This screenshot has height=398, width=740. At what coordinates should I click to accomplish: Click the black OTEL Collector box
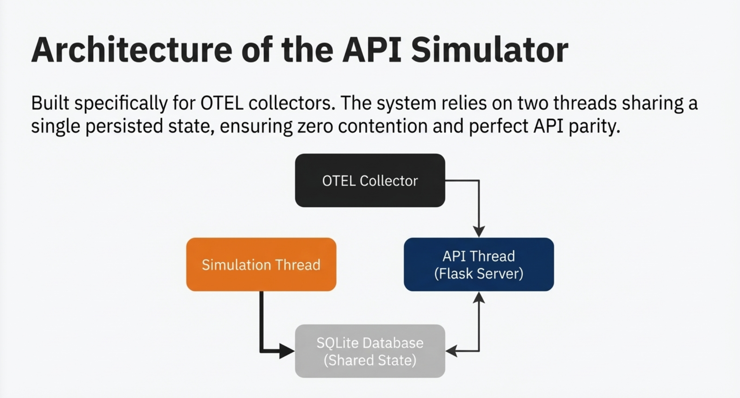click(x=370, y=180)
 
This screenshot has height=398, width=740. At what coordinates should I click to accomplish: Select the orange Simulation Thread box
click(x=261, y=264)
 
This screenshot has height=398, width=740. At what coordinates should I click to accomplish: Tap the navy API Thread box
click(x=479, y=264)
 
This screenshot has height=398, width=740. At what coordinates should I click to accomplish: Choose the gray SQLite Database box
click(x=370, y=351)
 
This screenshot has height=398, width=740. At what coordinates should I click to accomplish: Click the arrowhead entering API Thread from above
click(x=479, y=232)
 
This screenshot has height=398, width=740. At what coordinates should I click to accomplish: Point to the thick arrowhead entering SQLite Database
click(x=287, y=351)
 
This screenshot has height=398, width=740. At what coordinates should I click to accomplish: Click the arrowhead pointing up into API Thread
click(x=479, y=297)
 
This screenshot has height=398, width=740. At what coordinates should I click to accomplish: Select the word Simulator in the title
click(x=489, y=50)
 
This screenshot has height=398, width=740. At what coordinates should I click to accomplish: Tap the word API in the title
click(x=372, y=50)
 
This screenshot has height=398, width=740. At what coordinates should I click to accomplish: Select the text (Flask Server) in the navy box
click(x=479, y=274)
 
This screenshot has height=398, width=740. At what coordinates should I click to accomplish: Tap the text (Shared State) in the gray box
click(x=370, y=360)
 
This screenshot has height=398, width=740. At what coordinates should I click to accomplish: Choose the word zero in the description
click(x=315, y=126)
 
